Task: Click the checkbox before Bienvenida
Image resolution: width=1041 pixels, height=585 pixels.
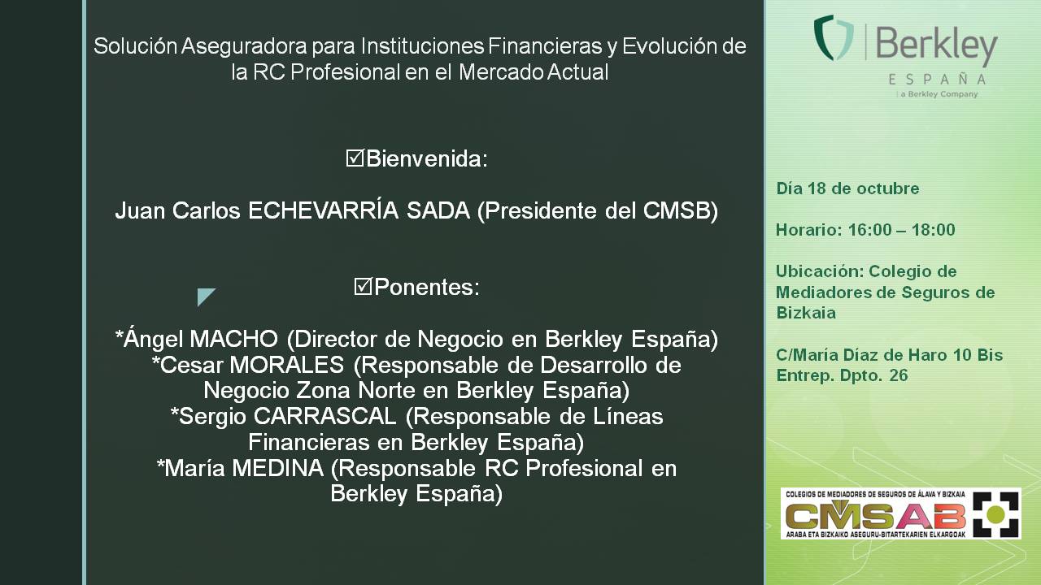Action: tap(355, 158)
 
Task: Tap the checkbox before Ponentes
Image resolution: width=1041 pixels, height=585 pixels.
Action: tap(363, 287)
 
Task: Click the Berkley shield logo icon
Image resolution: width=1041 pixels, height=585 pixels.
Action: tap(834, 37)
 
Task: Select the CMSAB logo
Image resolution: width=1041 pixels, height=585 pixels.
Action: tap(900, 513)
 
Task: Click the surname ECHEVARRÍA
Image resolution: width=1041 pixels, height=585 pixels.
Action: tap(324, 210)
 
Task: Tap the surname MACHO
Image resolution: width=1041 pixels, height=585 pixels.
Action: tap(233, 339)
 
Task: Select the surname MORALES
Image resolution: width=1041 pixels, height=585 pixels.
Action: tap(287, 365)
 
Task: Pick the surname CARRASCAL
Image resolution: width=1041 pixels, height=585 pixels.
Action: tap(324, 417)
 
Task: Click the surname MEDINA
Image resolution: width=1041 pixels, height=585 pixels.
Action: tap(278, 468)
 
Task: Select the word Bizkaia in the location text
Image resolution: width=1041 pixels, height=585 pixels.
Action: tap(806, 313)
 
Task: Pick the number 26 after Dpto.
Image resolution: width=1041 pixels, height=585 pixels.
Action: tap(899, 375)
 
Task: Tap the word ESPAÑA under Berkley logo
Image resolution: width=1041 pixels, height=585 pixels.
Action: tap(937, 80)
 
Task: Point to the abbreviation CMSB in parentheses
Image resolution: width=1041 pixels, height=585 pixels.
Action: tap(677, 210)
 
